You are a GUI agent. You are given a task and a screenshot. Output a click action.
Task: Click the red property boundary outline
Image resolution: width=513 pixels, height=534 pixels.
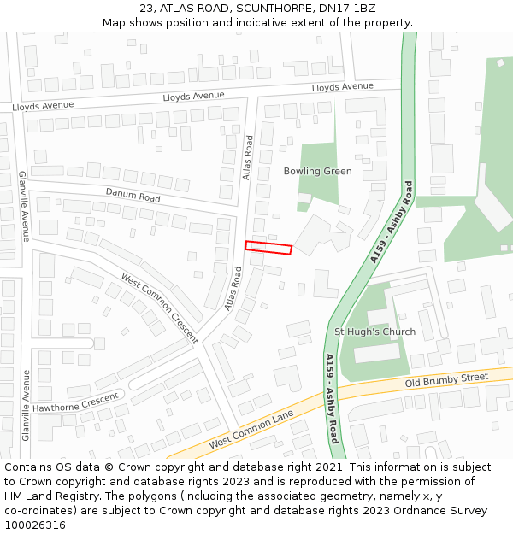point(268,248)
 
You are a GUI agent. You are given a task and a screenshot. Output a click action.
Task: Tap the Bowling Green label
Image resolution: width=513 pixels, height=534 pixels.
point(317,171)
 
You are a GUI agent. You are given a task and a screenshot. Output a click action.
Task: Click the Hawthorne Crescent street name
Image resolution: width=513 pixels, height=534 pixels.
point(75,401)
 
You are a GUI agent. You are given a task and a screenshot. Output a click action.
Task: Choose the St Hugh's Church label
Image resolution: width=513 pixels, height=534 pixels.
point(374,332)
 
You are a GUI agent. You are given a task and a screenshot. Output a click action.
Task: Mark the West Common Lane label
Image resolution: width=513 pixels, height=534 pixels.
point(251,430)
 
